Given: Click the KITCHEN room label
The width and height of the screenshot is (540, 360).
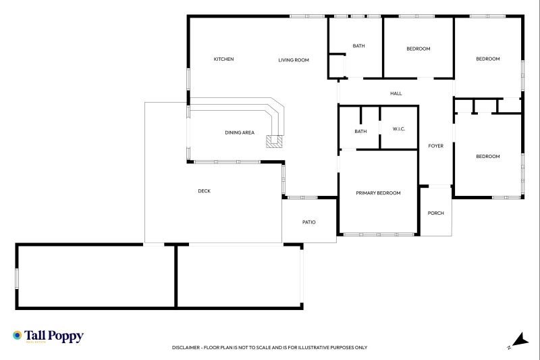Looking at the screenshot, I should coord(223,59).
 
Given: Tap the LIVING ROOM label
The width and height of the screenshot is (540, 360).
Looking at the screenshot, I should coord(294,60).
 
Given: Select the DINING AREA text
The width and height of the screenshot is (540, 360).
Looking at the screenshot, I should coord(240,132).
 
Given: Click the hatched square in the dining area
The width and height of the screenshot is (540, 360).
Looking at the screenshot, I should coord(274,141).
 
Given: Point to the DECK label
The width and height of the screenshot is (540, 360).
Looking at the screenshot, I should coord(204,191).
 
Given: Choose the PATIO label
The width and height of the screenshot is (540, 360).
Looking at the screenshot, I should coord(308,222).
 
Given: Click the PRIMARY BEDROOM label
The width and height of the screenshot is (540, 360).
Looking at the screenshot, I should coord(378,193).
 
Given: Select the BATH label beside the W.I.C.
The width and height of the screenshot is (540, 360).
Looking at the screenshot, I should coord(360,131).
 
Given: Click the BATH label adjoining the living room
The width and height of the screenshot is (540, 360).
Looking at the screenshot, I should coord(358,46).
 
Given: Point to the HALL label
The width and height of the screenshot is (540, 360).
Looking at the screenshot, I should coord(396,93).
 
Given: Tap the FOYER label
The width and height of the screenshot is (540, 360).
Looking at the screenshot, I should coord(435,146).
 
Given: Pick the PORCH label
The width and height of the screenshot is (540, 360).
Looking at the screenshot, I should coord(435,213).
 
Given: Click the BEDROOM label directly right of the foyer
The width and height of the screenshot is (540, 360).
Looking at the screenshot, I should coord(487,157).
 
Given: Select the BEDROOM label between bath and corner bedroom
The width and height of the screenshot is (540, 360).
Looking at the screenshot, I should coord(418,49).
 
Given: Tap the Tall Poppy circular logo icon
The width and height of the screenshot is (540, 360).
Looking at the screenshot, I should coord(17,335).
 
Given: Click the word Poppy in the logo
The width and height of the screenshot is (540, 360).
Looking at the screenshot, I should coord(66,335).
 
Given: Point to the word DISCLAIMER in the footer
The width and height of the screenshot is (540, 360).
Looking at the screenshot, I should coord(186,348).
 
